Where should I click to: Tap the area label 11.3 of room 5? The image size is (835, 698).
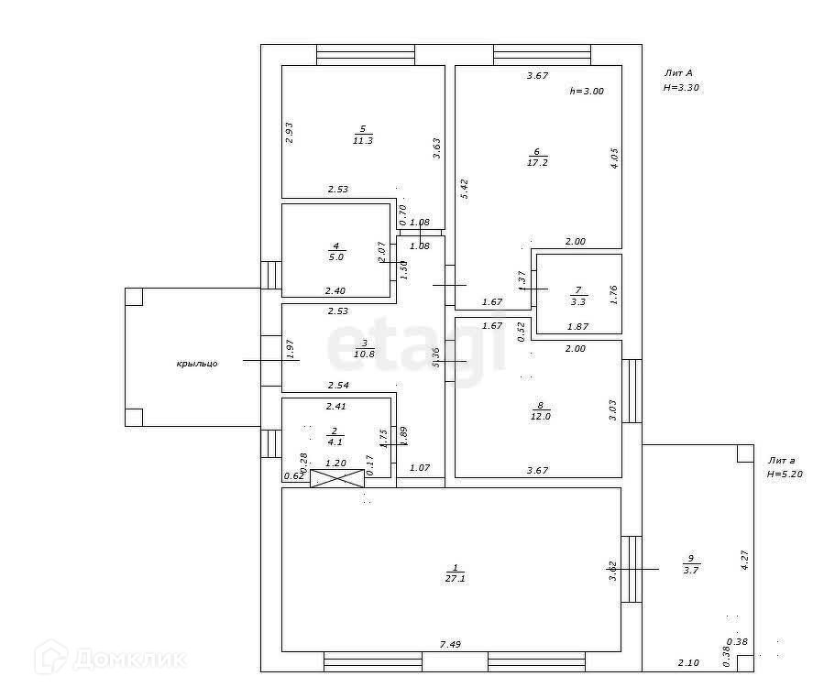point(362,140)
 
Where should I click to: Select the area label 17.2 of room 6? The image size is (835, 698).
point(537,163)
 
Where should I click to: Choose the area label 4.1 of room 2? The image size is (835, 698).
point(335,442)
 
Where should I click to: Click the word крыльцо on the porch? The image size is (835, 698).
point(197,364)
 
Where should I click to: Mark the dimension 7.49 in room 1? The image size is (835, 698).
point(449,644)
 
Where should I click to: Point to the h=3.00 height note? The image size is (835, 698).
point(587,91)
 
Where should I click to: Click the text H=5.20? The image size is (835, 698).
point(785,474)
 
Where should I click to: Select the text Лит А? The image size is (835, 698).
point(678,72)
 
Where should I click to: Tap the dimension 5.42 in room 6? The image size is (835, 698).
point(464,189)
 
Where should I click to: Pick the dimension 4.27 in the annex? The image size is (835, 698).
point(745,559)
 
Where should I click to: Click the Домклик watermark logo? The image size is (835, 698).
point(109,658)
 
